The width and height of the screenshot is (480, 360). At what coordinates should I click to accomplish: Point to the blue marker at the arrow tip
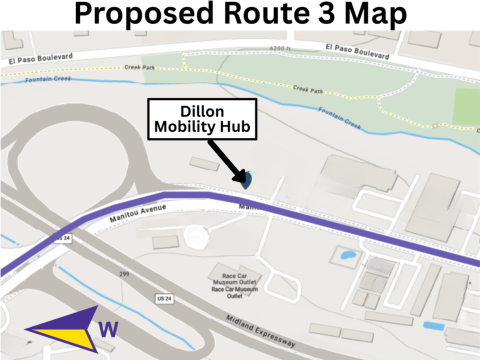click(x=246, y=180)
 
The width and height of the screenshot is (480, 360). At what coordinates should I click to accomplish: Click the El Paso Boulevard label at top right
click(x=364, y=46)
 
